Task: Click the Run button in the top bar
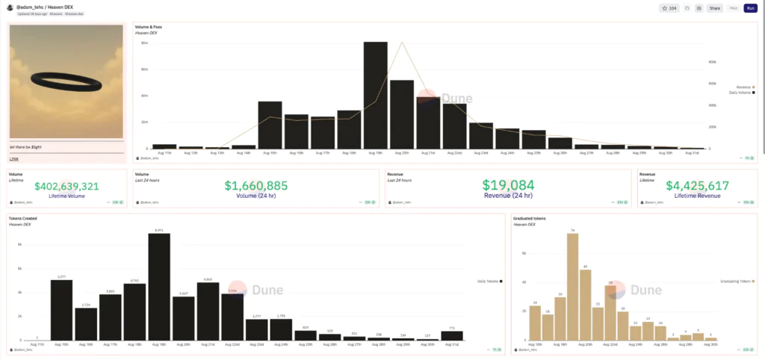750,8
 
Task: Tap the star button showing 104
669,8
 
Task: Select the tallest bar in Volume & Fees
375,95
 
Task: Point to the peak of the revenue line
402,43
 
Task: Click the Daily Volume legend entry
740,93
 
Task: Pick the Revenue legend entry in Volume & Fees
743,87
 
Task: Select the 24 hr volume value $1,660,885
256,184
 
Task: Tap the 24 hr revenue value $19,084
508,184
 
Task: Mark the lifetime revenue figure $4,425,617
696,185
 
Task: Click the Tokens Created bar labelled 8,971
159,287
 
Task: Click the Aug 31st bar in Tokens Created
452,335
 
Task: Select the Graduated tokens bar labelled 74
572,287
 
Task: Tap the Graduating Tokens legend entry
737,281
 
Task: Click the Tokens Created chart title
22,219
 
